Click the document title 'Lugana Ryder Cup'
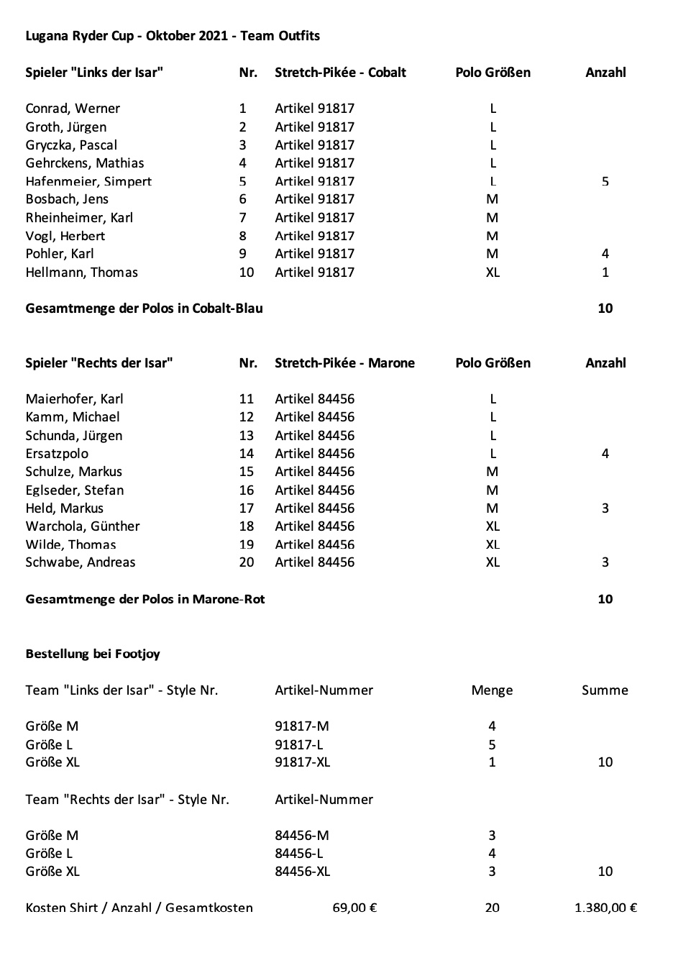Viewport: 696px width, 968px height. click(x=79, y=36)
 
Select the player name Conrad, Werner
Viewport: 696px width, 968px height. click(x=73, y=109)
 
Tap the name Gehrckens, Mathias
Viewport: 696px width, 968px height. click(x=85, y=163)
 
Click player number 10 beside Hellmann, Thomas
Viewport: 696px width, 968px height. click(x=247, y=273)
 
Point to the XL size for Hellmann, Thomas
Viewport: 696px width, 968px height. click(x=493, y=273)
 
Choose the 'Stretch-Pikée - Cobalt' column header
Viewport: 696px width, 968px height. click(x=340, y=73)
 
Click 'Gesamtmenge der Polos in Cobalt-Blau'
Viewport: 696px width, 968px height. click(x=144, y=309)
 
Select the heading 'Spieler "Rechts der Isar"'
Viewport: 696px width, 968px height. click(x=99, y=363)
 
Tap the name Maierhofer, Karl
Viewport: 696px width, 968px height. click(x=75, y=399)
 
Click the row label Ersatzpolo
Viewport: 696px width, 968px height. click(x=57, y=454)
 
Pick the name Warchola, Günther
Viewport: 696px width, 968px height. click(x=83, y=526)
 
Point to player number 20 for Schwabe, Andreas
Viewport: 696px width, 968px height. click(x=247, y=562)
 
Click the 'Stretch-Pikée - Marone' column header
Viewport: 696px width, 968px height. click(x=344, y=363)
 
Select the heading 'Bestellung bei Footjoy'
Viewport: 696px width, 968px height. click(x=93, y=654)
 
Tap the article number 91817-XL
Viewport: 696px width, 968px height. click(x=302, y=762)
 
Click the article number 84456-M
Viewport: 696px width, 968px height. click(x=302, y=836)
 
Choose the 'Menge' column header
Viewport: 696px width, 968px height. click(x=492, y=690)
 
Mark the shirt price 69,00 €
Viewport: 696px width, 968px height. click(x=354, y=908)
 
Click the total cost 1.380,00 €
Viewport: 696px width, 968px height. click(x=605, y=908)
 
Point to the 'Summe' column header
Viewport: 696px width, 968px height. click(x=605, y=690)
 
